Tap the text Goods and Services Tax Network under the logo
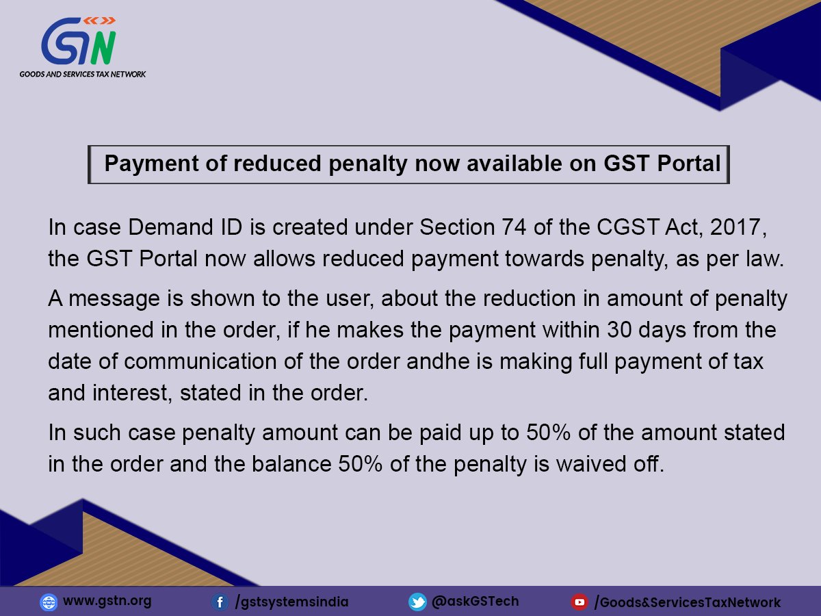(83, 73)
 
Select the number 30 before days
(621, 331)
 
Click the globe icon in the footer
(49, 602)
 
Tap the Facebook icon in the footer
(220, 602)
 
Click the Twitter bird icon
(417, 602)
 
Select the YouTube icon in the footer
(579, 602)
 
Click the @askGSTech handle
(475, 602)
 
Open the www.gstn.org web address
(107, 602)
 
